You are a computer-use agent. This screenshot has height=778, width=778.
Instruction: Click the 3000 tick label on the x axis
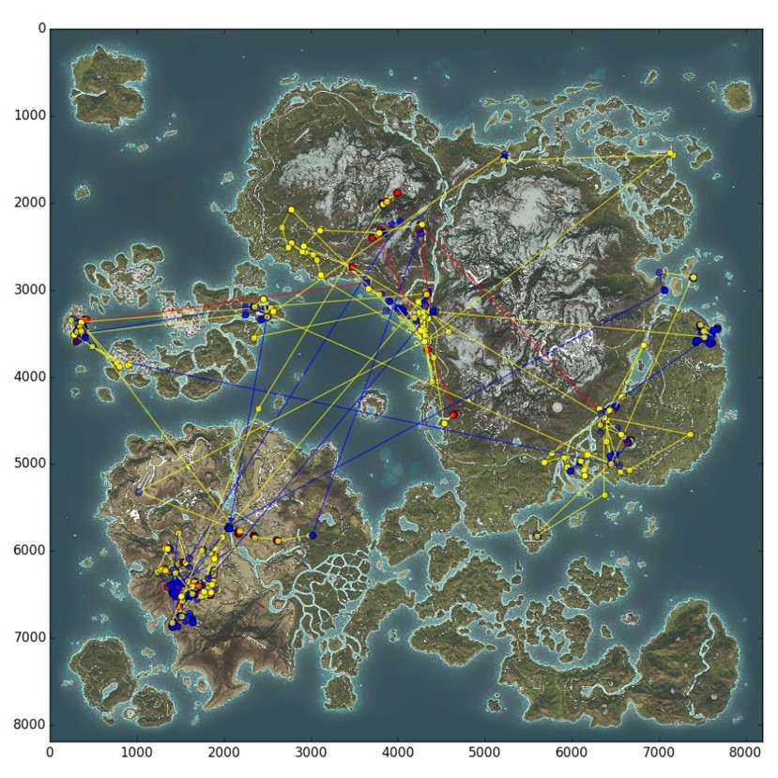(x=310, y=752)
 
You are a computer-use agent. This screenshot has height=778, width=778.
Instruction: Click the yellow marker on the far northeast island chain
(x=671, y=154)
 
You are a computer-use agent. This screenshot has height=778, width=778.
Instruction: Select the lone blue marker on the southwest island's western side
(x=138, y=491)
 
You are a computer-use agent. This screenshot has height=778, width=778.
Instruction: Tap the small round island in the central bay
(x=372, y=404)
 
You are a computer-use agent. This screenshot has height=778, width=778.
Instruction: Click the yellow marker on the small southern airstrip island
(x=537, y=535)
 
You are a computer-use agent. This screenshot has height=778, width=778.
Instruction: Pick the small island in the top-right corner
(x=737, y=95)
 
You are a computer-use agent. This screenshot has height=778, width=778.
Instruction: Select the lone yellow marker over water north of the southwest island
(x=258, y=408)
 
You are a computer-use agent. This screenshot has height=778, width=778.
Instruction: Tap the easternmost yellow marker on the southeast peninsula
(x=691, y=435)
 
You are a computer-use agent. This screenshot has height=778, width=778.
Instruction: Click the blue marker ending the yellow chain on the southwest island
(x=313, y=535)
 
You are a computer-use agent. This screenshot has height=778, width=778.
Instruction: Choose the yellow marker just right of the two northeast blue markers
(x=694, y=278)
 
